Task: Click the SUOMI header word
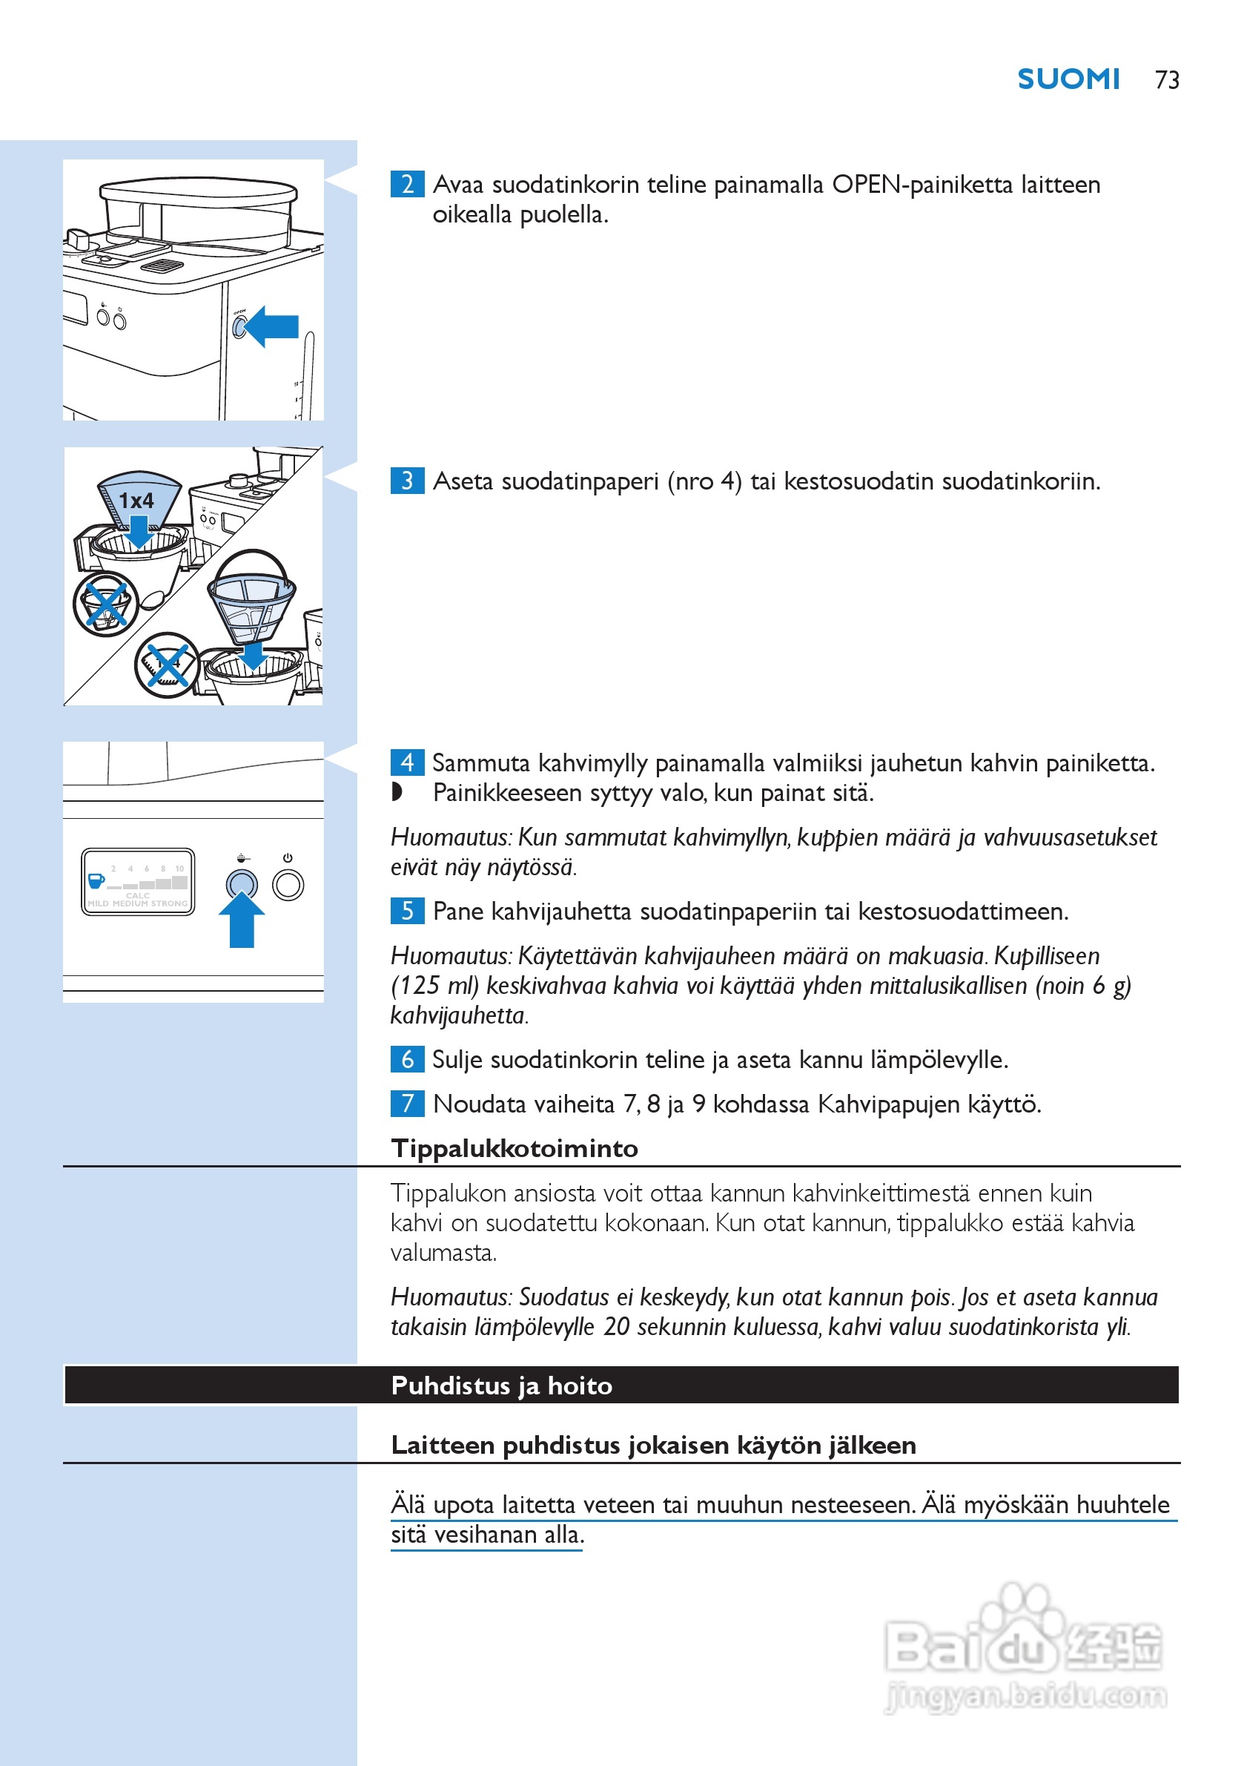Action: pos(1068,79)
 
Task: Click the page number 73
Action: pos(1166,80)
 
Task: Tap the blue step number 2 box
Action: pos(407,185)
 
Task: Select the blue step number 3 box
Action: pos(407,481)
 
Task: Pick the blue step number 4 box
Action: pos(407,762)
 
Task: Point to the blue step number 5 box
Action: pos(407,911)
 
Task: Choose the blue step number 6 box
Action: pos(407,1059)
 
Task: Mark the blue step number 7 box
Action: pos(407,1104)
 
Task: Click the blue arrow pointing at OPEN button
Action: pos(273,326)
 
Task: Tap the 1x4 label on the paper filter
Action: pos(136,501)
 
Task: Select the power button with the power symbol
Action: pos(288,885)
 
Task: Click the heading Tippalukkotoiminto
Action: pos(515,1148)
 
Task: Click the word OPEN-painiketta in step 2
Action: pos(922,185)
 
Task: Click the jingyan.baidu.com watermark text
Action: pos(1027,1696)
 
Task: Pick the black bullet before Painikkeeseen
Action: pos(397,791)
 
